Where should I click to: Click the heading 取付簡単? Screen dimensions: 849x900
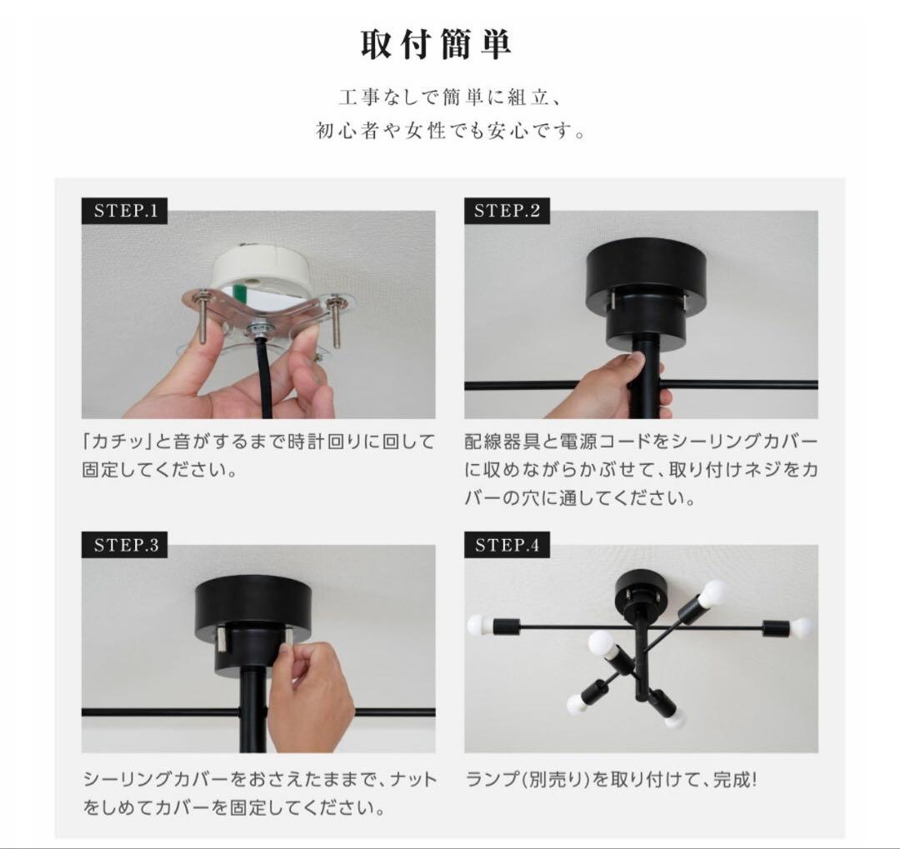435,45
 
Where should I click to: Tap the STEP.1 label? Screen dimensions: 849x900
125,211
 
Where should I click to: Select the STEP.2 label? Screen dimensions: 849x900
507,211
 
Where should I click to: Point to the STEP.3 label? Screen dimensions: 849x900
125,546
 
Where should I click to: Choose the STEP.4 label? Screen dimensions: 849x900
507,546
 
